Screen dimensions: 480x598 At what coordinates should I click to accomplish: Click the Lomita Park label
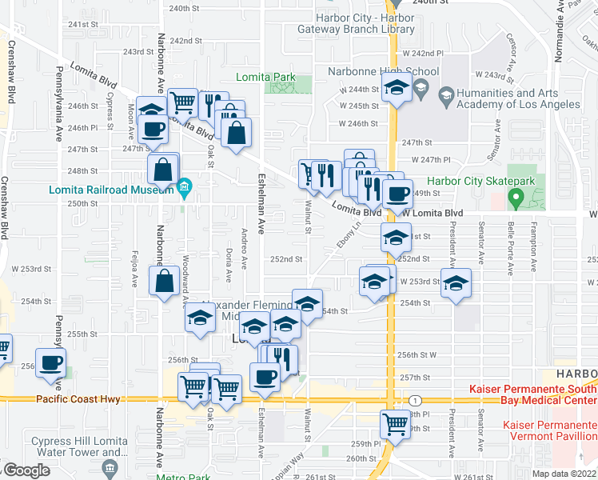(x=265, y=78)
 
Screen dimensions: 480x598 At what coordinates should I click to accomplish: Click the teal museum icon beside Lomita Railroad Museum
(x=185, y=190)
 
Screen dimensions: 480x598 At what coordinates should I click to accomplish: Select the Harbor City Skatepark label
(x=480, y=182)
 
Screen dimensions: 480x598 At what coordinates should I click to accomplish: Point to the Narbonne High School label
(x=384, y=71)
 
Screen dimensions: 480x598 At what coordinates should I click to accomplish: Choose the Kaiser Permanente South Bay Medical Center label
(x=532, y=393)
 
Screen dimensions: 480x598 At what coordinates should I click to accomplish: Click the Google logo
(x=26, y=470)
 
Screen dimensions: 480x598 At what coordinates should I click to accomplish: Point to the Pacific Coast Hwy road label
(x=77, y=398)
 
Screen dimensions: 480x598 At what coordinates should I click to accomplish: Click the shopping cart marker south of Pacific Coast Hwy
(x=395, y=423)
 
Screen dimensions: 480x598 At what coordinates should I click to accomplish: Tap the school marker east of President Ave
(x=456, y=283)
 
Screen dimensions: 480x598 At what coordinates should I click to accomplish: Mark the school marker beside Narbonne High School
(x=396, y=89)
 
